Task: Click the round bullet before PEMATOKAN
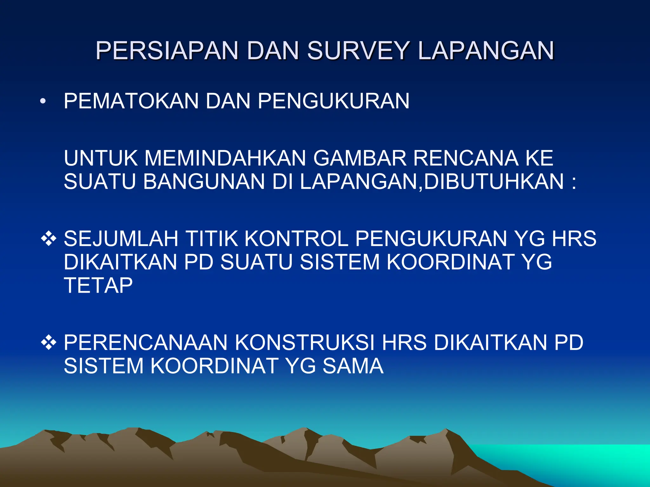click(43, 101)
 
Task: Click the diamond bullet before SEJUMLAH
click(49, 239)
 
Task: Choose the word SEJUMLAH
click(121, 238)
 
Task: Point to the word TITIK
click(211, 238)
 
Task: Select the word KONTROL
click(296, 238)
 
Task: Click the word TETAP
click(98, 285)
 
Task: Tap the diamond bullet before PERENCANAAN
click(49, 343)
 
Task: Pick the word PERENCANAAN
click(146, 343)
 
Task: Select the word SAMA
click(353, 366)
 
